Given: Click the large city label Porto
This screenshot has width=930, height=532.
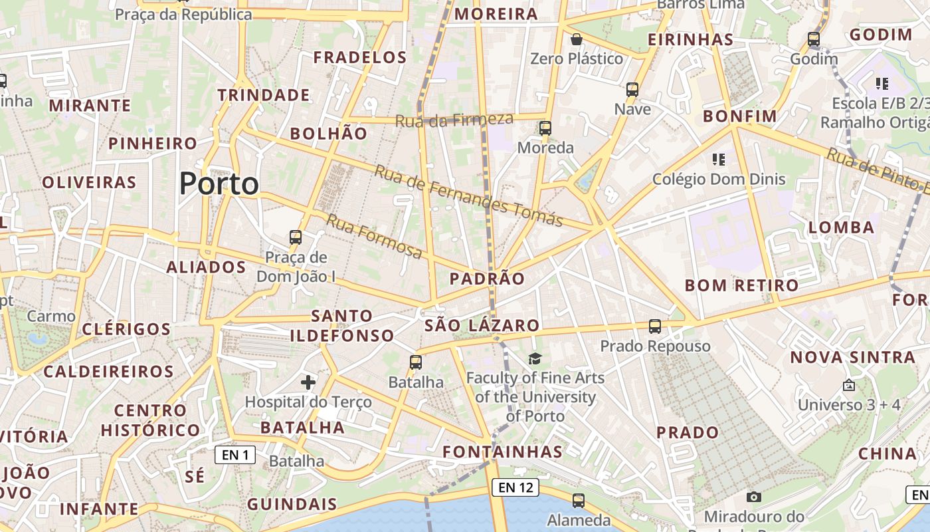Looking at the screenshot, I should click(219, 184).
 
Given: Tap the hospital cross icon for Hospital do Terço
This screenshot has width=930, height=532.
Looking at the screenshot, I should click(308, 382).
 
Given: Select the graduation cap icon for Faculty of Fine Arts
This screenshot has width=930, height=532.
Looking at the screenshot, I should click(535, 359).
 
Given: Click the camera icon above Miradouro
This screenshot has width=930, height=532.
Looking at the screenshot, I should click(753, 497).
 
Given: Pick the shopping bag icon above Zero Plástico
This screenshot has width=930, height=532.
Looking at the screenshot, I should click(577, 40).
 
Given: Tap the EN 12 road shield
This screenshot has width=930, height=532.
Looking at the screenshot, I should click(516, 487).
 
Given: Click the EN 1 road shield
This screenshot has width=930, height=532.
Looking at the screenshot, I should click(235, 455).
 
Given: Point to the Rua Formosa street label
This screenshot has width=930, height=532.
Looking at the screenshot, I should click(374, 236).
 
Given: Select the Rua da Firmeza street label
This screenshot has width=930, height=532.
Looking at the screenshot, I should click(454, 120).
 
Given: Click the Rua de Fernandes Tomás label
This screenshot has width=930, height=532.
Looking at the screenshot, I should click(468, 196).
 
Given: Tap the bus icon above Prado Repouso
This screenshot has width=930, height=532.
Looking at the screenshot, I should click(655, 327).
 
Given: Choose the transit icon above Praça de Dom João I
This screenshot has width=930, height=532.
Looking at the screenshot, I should click(296, 237).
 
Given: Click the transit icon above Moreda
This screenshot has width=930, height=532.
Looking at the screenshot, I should click(545, 128).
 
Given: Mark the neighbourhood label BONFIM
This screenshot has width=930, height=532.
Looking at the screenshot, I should click(740, 116).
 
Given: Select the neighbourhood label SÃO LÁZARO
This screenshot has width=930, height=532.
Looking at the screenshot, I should click(482, 325).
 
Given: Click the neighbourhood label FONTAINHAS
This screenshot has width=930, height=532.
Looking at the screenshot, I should click(503, 452).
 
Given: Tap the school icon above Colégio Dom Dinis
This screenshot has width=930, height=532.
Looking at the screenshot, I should click(718, 160).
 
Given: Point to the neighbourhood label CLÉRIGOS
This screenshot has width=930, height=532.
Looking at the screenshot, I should click(126, 329).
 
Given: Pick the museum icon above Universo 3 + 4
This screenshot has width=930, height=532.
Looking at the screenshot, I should click(848, 385).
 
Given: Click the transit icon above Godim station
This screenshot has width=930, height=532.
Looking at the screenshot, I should click(814, 39).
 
